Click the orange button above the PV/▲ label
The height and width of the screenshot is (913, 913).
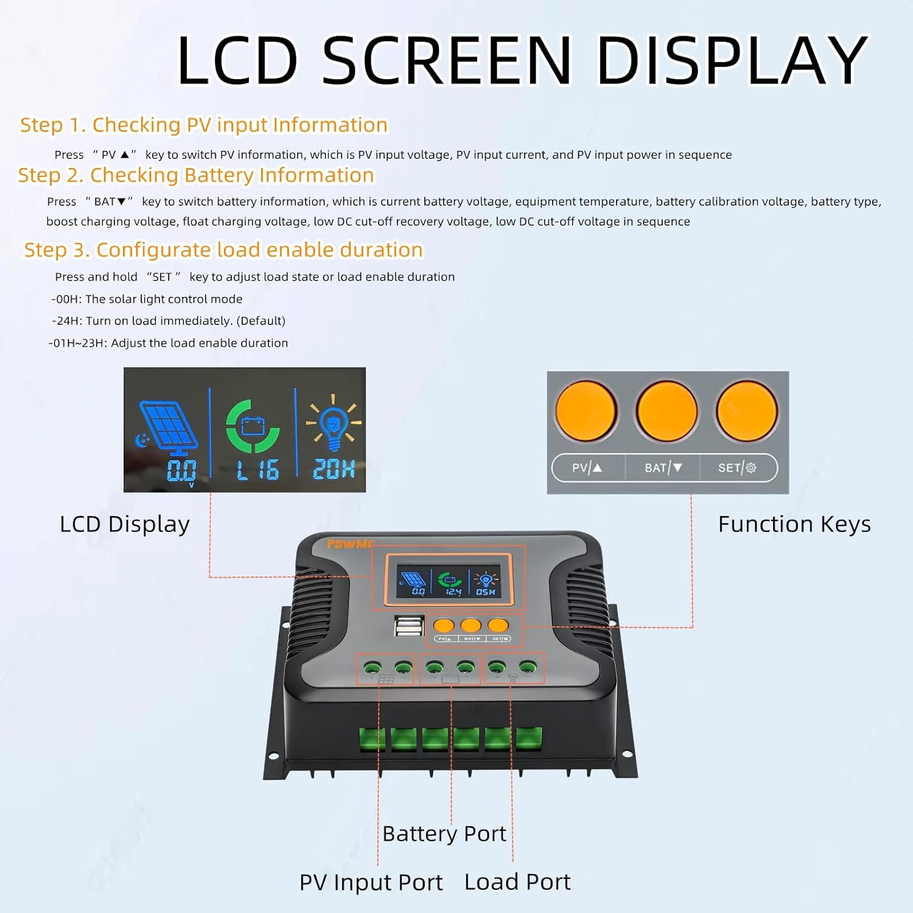tap(586, 411)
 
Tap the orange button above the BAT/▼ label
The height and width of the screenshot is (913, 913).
tap(666, 411)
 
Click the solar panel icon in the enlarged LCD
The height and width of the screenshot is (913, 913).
tap(169, 426)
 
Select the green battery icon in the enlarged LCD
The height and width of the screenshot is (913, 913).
tap(253, 426)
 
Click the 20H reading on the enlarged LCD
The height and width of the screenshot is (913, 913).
tap(334, 469)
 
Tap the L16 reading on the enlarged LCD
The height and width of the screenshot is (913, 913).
tap(257, 470)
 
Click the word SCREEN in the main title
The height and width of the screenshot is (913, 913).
tap(447, 60)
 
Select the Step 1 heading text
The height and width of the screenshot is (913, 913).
tap(204, 125)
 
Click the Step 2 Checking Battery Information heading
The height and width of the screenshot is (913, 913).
tap(196, 175)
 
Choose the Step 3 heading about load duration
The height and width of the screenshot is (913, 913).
tap(223, 250)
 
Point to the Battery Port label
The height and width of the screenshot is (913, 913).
tap(444, 834)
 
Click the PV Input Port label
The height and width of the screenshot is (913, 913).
tap(371, 883)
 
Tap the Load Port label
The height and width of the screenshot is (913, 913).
tap(517, 882)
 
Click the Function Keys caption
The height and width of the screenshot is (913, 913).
tap(794, 524)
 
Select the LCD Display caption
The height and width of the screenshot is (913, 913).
tap(125, 524)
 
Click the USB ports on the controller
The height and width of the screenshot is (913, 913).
tap(410, 626)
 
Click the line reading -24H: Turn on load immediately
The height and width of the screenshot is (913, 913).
tap(169, 321)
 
